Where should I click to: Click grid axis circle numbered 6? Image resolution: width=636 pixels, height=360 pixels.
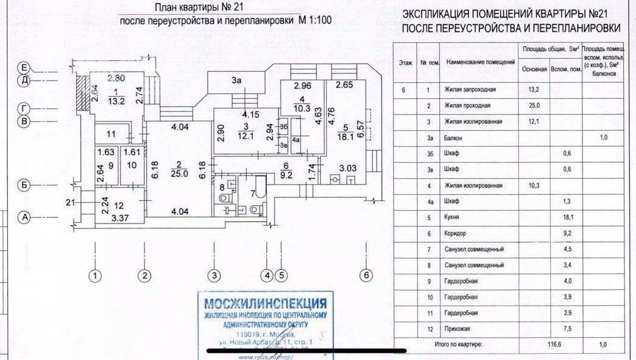[366, 275]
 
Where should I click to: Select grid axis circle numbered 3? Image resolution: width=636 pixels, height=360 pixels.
[214, 275]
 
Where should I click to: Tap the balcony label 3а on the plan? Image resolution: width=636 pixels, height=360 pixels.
[236, 79]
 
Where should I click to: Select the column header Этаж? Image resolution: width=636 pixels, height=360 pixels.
[405, 62]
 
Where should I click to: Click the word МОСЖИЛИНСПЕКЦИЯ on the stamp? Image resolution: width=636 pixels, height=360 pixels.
[265, 303]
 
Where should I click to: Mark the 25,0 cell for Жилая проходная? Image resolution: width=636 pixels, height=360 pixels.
[534, 106]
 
